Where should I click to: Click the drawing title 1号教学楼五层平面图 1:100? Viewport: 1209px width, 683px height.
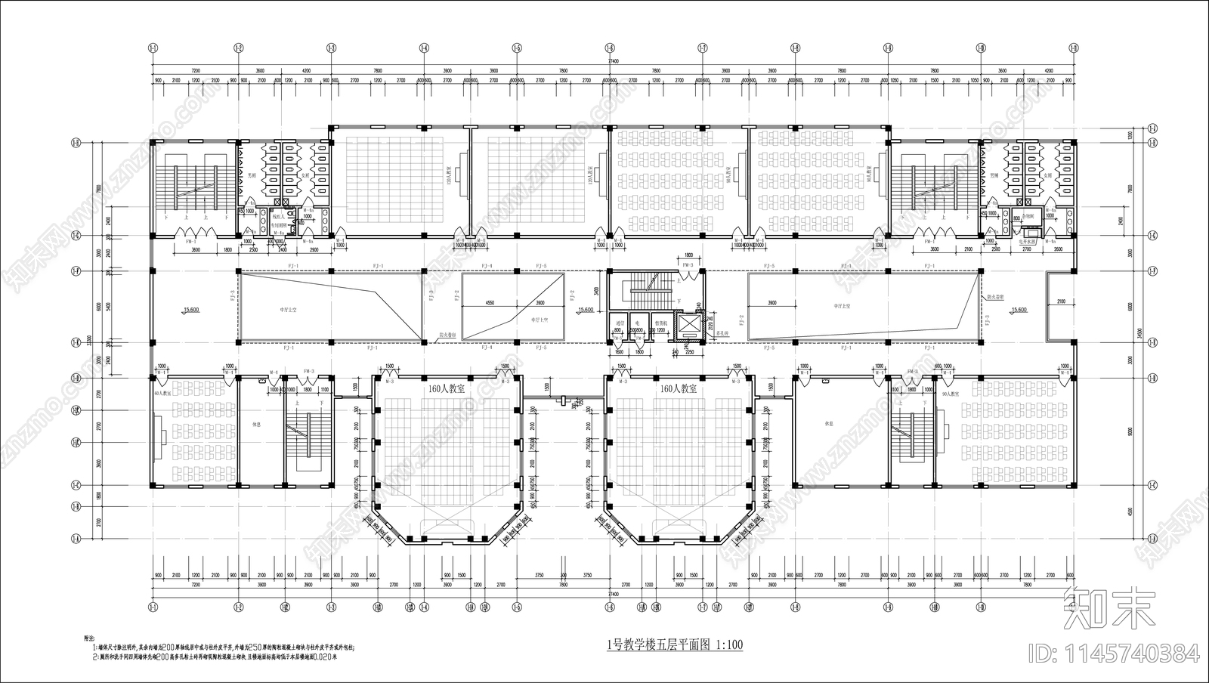pyautogui.click(x=675, y=644)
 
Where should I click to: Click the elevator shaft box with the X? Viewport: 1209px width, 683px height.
pyautogui.click(x=690, y=324)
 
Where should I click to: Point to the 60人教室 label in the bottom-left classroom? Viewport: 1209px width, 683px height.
pyautogui.click(x=162, y=394)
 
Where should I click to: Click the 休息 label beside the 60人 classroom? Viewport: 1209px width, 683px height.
pyautogui.click(x=257, y=424)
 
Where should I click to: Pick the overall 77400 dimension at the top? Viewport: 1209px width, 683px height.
pyautogui.click(x=613, y=60)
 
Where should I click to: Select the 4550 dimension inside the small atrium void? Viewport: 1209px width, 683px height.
pyautogui.click(x=490, y=302)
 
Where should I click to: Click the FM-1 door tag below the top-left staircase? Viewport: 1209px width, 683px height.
pyautogui.click(x=191, y=241)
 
